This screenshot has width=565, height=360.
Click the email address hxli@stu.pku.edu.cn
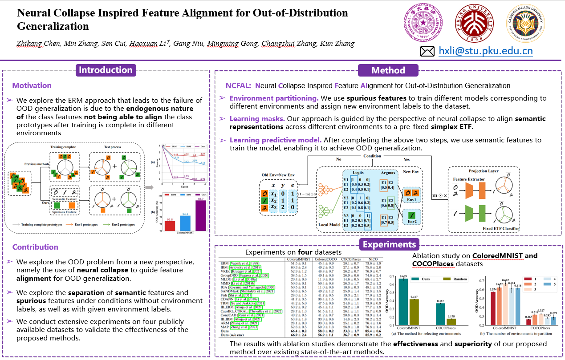point(485,51)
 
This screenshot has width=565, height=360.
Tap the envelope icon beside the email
point(427,51)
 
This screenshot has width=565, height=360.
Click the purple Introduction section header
point(106,70)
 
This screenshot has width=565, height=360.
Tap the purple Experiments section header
point(389,244)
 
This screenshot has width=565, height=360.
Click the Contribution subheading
point(35,247)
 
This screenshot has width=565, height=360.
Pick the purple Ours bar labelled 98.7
point(200,215)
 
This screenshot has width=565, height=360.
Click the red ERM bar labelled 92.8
point(170,226)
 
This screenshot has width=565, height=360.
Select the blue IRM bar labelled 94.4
point(185,223)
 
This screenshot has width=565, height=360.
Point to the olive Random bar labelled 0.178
point(451,322)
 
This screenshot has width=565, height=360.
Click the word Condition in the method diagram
point(372,156)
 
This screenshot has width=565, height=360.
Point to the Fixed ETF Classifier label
point(501,228)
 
